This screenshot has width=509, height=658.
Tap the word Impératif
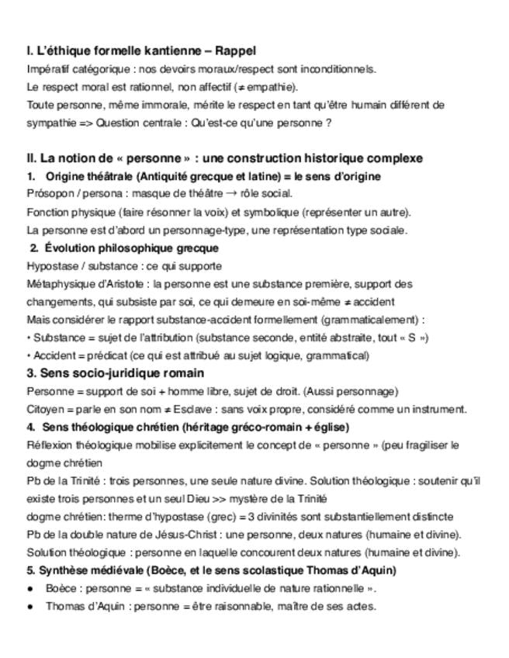(49, 69)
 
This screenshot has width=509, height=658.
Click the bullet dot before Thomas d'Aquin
(30, 607)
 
